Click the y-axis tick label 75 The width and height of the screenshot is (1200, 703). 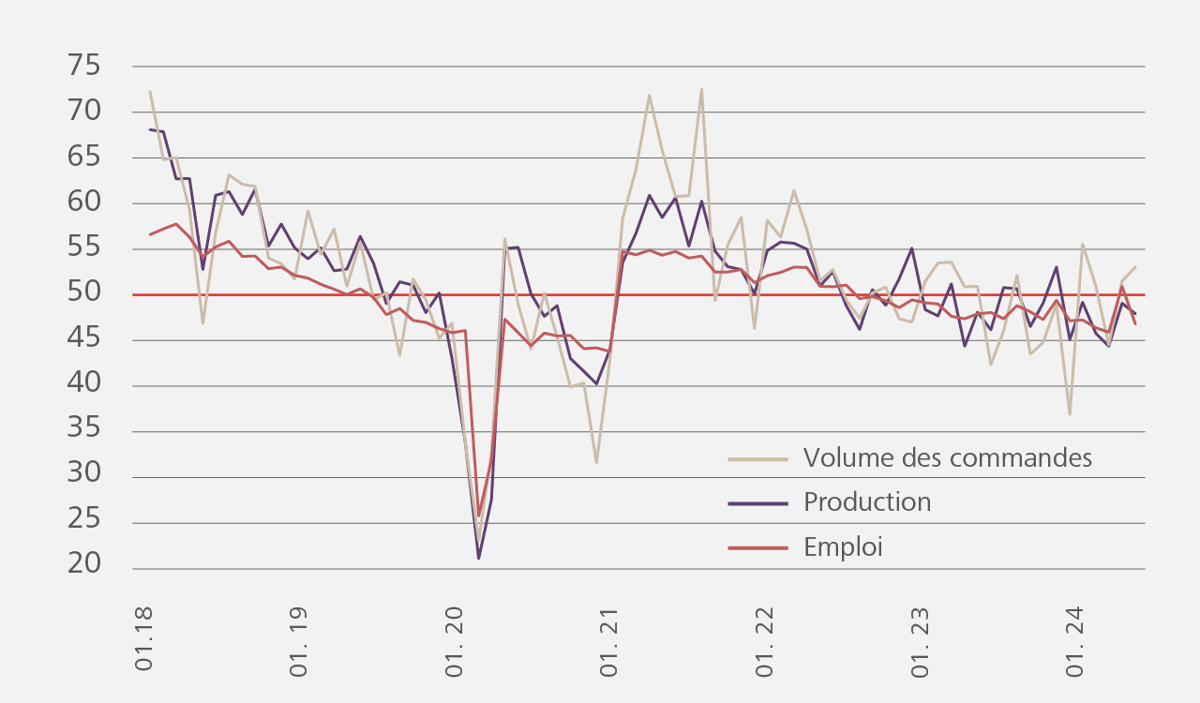84,67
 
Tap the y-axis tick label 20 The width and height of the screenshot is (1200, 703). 84,564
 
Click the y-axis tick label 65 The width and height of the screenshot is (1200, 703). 84,157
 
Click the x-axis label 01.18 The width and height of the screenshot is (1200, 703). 144,637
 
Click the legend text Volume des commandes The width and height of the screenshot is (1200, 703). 947,457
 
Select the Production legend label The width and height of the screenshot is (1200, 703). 867,502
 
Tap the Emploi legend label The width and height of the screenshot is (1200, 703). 843,547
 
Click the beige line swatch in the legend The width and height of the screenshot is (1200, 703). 757,459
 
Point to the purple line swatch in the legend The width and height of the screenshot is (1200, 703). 757,503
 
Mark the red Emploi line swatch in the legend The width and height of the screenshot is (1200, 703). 757,548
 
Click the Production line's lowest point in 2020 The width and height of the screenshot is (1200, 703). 479,559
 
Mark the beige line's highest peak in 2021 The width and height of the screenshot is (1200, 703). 701,90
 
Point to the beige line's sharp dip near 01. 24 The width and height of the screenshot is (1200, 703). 1070,414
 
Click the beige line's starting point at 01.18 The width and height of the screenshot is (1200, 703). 150,92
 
